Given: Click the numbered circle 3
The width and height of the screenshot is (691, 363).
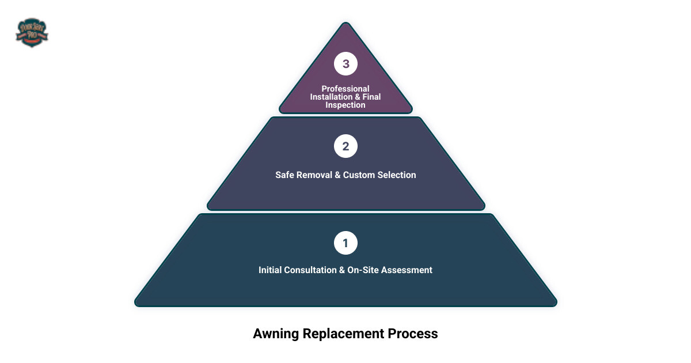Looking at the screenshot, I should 345,64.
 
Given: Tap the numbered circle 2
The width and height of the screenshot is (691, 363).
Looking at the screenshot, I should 345,146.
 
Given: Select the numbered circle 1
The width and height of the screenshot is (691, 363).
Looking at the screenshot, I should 345,243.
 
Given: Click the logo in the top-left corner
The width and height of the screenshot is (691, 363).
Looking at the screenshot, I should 32,32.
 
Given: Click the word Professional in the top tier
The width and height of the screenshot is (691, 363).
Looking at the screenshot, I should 345,89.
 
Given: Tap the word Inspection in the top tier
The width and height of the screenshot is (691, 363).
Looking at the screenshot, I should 345,105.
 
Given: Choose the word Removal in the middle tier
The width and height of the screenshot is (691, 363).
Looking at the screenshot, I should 314,175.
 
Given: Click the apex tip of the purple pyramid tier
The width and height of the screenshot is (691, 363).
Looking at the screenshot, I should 345,24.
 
